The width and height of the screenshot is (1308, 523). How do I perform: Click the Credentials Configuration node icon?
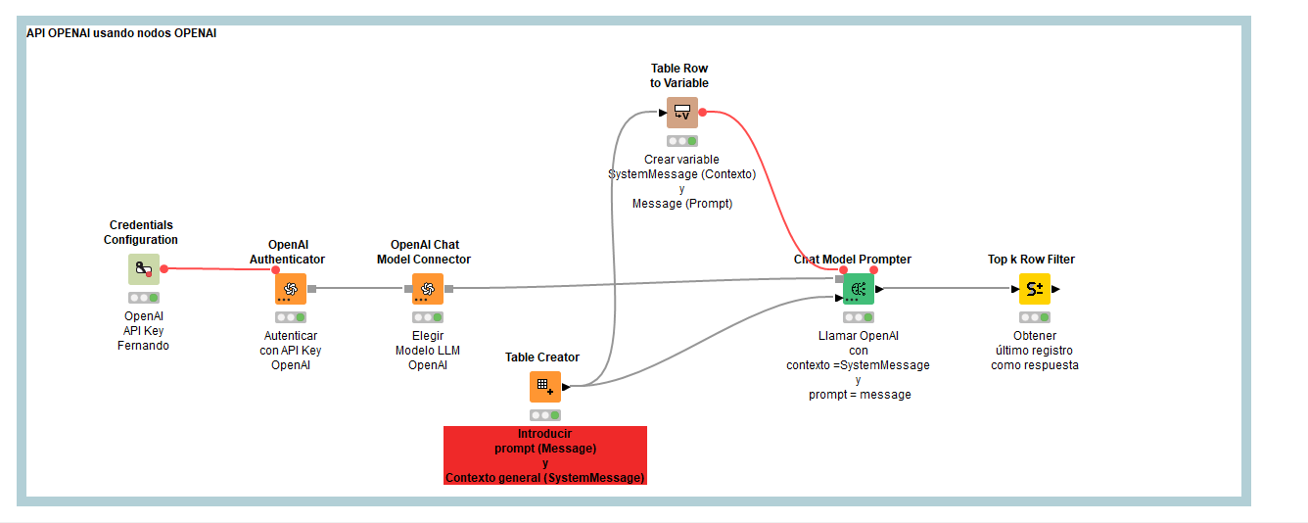click(x=144, y=269)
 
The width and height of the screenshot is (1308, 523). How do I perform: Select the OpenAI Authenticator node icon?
click(x=291, y=289)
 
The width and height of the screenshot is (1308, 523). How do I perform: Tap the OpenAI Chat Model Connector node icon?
click(x=427, y=289)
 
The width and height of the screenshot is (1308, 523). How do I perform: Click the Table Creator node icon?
click(x=545, y=387)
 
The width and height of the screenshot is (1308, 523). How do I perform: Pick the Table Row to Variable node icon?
click(x=682, y=113)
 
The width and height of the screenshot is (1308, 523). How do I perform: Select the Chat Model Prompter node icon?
click(x=858, y=289)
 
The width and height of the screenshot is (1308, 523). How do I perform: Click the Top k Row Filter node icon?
click(x=1035, y=289)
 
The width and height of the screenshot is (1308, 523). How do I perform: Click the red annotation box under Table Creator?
click(x=545, y=455)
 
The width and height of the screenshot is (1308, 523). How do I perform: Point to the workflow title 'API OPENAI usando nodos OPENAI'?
click(x=121, y=33)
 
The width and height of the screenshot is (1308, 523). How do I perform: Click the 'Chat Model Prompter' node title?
click(x=852, y=260)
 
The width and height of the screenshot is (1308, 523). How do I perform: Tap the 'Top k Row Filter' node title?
click(x=1031, y=260)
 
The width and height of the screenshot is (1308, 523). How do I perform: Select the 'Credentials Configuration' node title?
click(x=141, y=232)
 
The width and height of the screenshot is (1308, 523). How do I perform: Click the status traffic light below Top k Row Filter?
click(x=1035, y=317)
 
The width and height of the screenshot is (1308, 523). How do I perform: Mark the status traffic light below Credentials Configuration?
click(x=144, y=298)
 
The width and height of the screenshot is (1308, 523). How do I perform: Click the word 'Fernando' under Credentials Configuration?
click(x=143, y=346)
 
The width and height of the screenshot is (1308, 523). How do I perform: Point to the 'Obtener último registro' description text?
click(x=1034, y=351)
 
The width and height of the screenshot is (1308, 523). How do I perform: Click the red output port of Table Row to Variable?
click(x=703, y=113)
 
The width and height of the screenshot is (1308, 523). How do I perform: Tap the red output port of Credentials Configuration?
click(x=163, y=268)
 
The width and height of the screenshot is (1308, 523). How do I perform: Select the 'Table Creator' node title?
click(x=542, y=357)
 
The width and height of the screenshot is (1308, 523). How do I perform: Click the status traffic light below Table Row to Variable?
click(x=682, y=141)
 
